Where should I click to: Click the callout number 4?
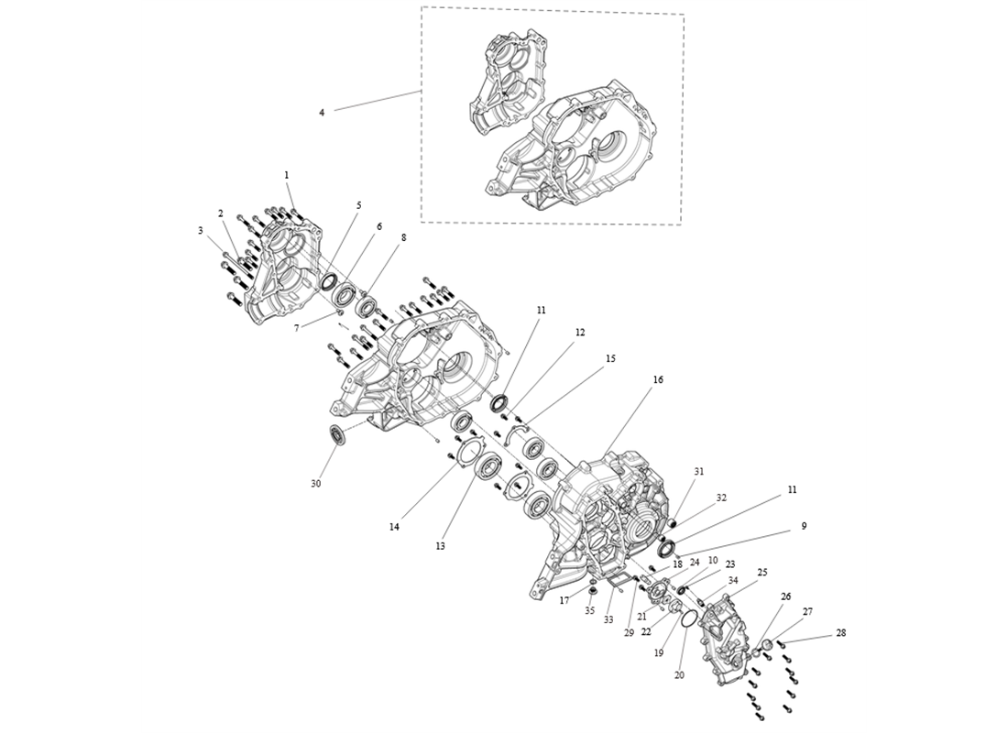(x=322, y=113)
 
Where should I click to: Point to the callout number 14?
(x=394, y=527)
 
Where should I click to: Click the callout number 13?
(x=440, y=545)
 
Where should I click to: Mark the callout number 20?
(x=679, y=674)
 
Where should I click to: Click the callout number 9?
(x=804, y=526)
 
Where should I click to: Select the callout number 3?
(x=201, y=231)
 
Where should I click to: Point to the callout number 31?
(x=699, y=471)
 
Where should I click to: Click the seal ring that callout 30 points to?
(x=338, y=435)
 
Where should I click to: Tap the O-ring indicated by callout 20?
(x=688, y=620)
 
